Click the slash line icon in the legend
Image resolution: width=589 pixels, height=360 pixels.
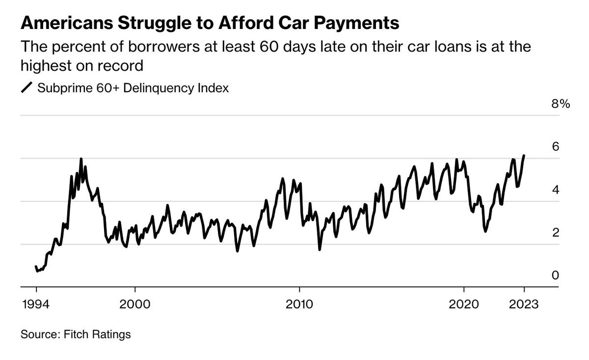(x=27, y=88)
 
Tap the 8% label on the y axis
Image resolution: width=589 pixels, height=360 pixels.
(x=561, y=104)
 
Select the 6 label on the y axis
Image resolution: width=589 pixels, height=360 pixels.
(x=555, y=146)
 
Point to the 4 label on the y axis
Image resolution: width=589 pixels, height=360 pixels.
(x=555, y=190)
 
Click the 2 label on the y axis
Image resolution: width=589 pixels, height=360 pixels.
(x=555, y=232)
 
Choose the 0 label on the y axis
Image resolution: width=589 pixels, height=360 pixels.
(x=555, y=275)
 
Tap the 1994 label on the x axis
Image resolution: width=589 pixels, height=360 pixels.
(x=36, y=305)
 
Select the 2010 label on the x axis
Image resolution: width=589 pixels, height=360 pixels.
(x=299, y=305)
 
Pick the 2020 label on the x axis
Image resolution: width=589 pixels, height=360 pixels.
(x=464, y=305)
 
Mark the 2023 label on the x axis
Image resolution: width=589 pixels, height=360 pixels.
(x=524, y=305)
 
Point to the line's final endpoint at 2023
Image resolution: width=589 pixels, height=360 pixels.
(x=524, y=156)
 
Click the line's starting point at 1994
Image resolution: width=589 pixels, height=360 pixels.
(x=36, y=267)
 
